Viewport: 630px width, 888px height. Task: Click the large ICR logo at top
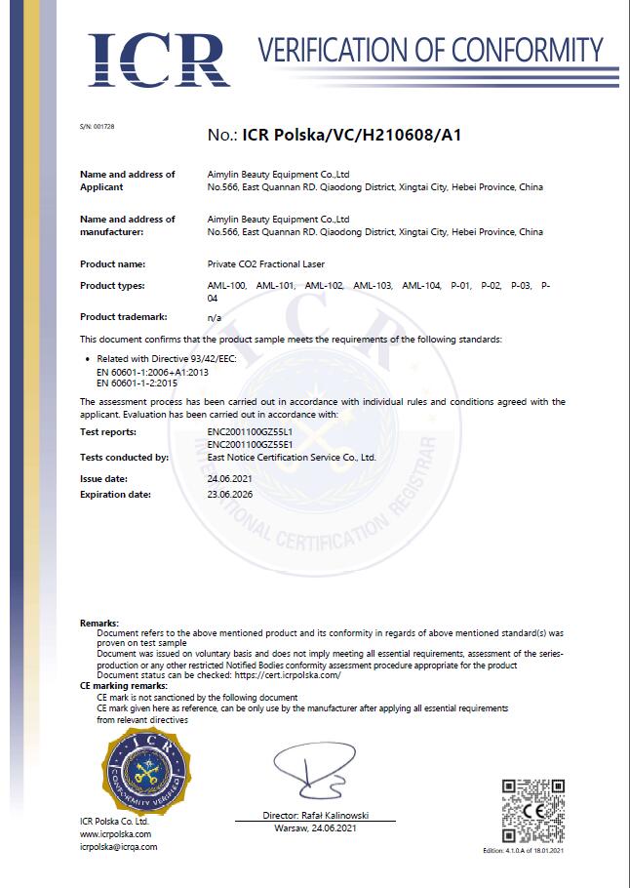point(155,61)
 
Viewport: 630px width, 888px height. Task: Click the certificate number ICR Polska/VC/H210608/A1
point(351,136)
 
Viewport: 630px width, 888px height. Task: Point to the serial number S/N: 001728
point(97,128)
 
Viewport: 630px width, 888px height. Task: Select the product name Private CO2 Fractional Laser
point(266,263)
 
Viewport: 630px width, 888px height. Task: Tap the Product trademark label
point(124,317)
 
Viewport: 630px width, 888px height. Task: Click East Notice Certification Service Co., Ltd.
point(292,457)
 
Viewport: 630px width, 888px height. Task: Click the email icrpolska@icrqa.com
point(118,847)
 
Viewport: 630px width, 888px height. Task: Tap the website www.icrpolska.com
point(112,834)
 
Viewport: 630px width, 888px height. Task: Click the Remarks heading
point(98,623)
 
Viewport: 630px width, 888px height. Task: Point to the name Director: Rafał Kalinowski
point(315,815)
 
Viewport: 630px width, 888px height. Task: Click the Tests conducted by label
point(124,457)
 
